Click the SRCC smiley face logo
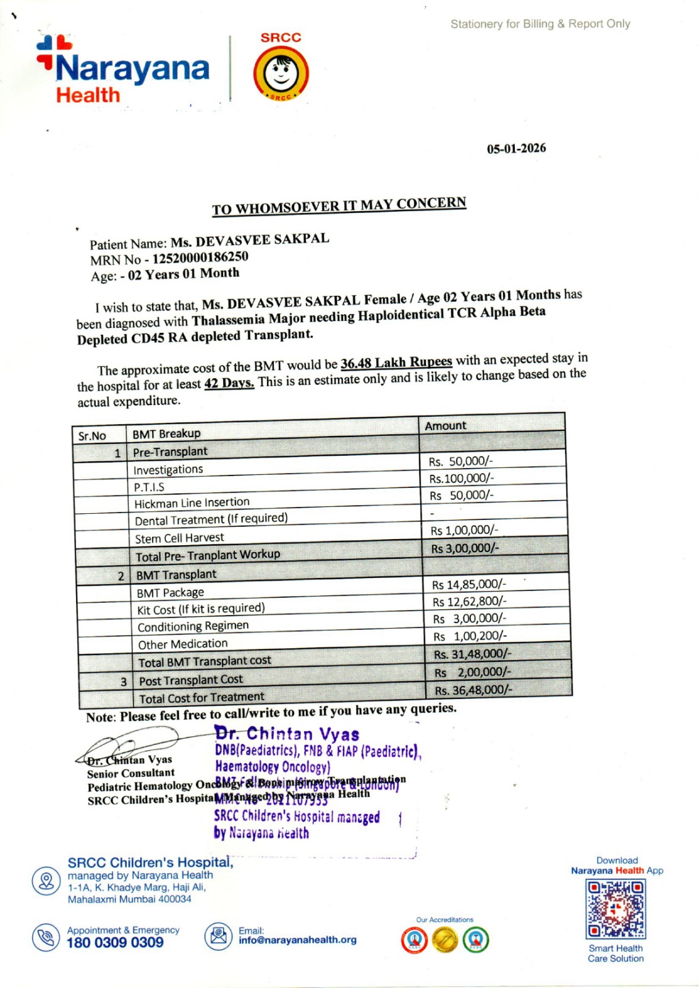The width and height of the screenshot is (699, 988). tap(281, 73)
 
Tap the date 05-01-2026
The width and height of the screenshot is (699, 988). tap(516, 148)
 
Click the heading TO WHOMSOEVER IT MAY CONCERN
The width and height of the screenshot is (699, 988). tap(339, 206)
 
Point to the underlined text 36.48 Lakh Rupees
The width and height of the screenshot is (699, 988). tap(396, 362)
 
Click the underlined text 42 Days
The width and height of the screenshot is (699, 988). tap(229, 383)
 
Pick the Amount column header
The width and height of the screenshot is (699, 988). tap(446, 425)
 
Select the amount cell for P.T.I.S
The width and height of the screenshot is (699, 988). tap(461, 478)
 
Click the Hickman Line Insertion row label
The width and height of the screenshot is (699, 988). tap(192, 503)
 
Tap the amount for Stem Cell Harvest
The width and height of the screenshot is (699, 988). tap(464, 530)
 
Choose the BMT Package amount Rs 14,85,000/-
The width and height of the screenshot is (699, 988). tap(468, 584)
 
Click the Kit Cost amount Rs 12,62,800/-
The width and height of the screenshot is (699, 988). tap(469, 601)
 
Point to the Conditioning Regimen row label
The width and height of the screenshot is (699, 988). tap(193, 626)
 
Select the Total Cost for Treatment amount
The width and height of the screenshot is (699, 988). tap(473, 690)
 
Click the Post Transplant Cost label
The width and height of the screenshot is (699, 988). tap(191, 680)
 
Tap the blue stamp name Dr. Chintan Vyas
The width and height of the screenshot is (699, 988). tap(287, 734)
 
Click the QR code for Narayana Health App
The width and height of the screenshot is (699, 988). tap(616, 909)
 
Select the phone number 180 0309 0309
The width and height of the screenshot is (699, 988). tap(115, 942)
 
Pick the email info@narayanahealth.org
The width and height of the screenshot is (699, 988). tap(297, 940)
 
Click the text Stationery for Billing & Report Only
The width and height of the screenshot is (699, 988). tap(540, 24)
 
